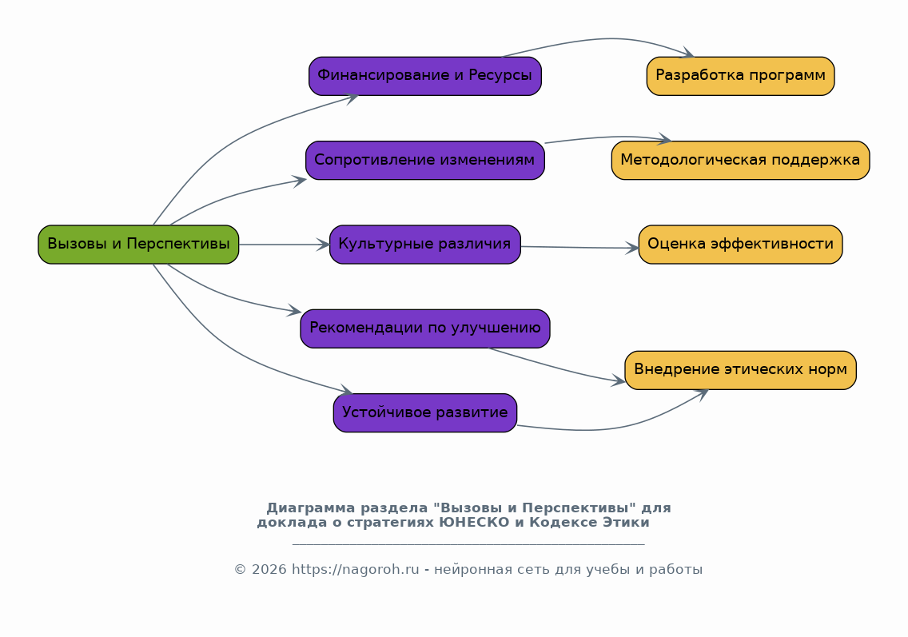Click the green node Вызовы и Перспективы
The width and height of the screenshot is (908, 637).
click(x=138, y=245)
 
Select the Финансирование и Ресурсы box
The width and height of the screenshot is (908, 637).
click(x=425, y=76)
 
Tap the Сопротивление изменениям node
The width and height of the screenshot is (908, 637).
click(x=425, y=161)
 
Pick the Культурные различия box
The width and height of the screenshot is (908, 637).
click(x=425, y=245)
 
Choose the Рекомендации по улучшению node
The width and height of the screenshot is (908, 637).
click(x=425, y=328)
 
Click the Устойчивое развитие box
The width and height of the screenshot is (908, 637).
click(x=425, y=413)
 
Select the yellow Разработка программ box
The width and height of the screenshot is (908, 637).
click(x=741, y=76)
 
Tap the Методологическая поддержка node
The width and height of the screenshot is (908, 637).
click(x=741, y=161)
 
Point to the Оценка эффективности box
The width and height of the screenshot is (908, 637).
click(x=741, y=245)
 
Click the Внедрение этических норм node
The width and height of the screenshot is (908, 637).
click(x=741, y=370)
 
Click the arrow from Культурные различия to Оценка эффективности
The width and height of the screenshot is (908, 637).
click(x=579, y=247)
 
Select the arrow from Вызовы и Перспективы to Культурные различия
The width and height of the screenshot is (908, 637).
click(x=284, y=245)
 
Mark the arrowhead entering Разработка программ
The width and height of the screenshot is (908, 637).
click(x=688, y=54)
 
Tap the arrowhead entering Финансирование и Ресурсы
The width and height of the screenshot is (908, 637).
click(x=351, y=98)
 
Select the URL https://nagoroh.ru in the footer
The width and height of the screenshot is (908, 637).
click(x=355, y=569)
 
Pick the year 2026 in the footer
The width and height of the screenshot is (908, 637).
click(x=269, y=569)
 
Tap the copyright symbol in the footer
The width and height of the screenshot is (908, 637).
click(x=241, y=569)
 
